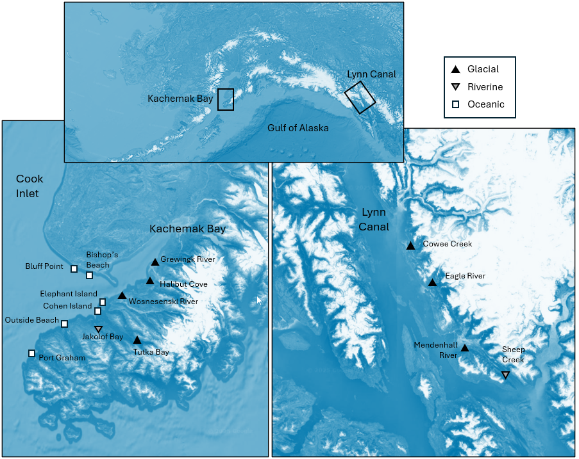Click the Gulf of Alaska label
pyautogui.click(x=298, y=128)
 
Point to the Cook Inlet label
pyautogui.click(x=28, y=186)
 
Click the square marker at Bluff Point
pyautogui.click(x=74, y=269)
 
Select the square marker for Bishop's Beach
pyautogui.click(x=90, y=275)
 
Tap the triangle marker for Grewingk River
pyautogui.click(x=155, y=262)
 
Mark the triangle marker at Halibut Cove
pyautogui.click(x=149, y=280)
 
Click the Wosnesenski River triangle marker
pyautogui.click(x=122, y=295)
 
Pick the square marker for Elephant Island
pyautogui.click(x=103, y=302)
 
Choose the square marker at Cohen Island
pyautogui.click(x=97, y=311)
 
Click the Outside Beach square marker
pyautogui.click(x=64, y=324)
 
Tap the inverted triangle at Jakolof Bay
pyautogui.click(x=98, y=329)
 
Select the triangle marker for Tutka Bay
pyautogui.click(x=137, y=340)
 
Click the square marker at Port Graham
pyautogui.click(x=31, y=353)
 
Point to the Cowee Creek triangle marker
pyautogui.click(x=410, y=246)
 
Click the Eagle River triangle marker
pyautogui.click(x=432, y=282)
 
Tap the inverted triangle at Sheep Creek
pyautogui.click(x=505, y=375)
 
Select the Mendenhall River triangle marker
pyautogui.click(x=465, y=348)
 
